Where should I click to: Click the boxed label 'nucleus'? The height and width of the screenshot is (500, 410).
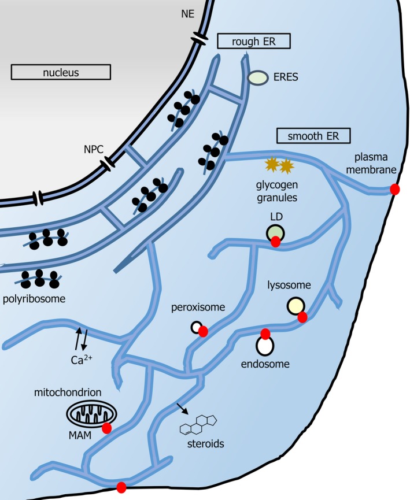click(x=61, y=72)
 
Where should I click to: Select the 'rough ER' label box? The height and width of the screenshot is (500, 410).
click(x=253, y=41)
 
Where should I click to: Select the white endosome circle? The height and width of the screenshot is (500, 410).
click(x=265, y=346)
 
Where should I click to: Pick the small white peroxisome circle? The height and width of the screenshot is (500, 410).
click(x=197, y=327)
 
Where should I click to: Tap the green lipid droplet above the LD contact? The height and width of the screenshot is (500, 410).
click(x=275, y=232)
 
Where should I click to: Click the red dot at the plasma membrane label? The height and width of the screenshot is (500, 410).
click(x=396, y=190)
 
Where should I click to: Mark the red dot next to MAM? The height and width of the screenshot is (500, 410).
click(x=106, y=428)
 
